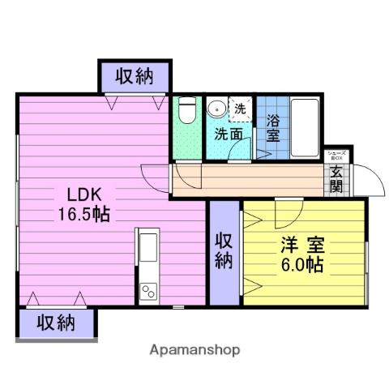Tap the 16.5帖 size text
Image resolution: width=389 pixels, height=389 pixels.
(x=83, y=215)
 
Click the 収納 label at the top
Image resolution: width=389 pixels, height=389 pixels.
(x=135, y=77)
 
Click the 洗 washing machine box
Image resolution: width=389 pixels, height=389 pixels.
(x=241, y=108)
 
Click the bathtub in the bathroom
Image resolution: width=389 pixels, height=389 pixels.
(x=304, y=128)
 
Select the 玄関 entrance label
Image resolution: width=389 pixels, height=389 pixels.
(x=336, y=180)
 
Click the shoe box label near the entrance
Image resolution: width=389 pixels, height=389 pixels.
(x=336, y=156)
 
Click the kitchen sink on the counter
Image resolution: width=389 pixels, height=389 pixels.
(x=148, y=247)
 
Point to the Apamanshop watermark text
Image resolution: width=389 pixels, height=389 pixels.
(x=194, y=350)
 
